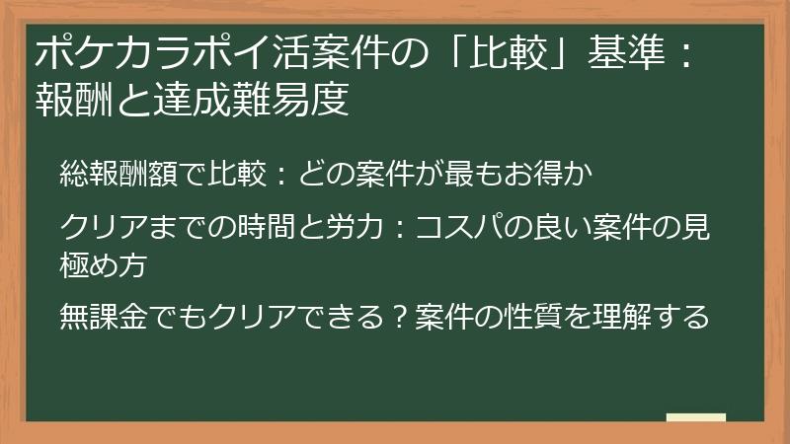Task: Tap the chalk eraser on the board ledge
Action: pos(695,417)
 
